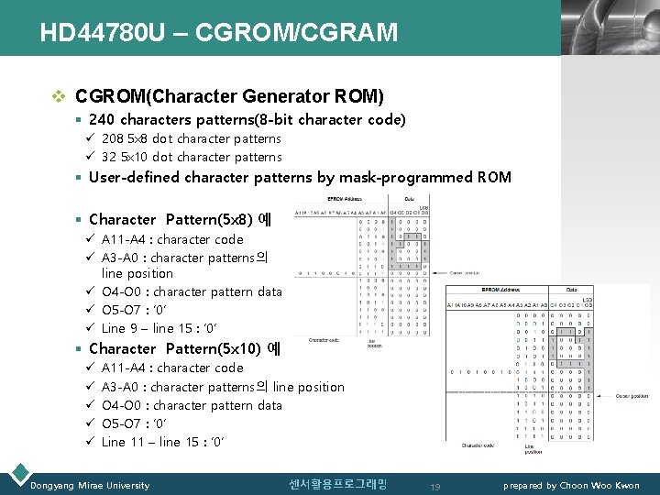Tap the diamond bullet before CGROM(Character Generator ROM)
point(60,96)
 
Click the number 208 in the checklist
point(113,139)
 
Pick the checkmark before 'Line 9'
point(91,328)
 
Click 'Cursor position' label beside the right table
point(631,396)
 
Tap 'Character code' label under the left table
point(324,339)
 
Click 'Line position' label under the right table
point(534,448)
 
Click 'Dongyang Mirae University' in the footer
point(90,485)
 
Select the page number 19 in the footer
point(436,486)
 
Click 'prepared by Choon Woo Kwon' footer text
point(571,485)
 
